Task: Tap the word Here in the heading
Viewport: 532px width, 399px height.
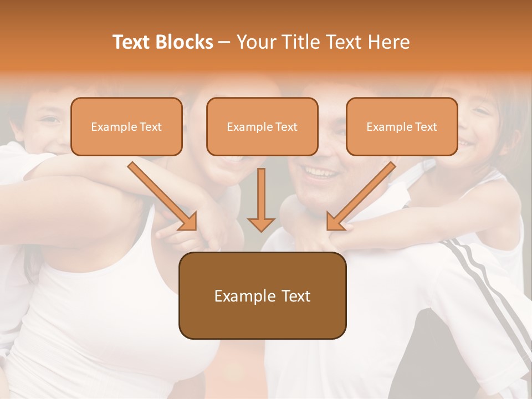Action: pyautogui.click(x=387, y=42)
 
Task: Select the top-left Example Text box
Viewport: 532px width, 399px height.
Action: pyautogui.click(x=126, y=127)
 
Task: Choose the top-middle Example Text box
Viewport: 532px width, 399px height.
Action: pyautogui.click(x=262, y=127)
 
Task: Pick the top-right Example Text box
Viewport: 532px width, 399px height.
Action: pyautogui.click(x=402, y=127)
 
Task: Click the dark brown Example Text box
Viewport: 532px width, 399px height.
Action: pyautogui.click(x=262, y=296)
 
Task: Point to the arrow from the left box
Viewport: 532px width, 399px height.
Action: pyautogui.click(x=162, y=196)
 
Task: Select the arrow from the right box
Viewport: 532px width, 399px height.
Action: pyautogui.click(x=362, y=196)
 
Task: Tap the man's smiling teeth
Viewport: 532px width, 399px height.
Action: pyautogui.click(x=321, y=173)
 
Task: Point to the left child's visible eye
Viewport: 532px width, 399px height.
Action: pyautogui.click(x=51, y=119)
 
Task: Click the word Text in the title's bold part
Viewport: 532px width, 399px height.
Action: pyautogui.click(x=132, y=42)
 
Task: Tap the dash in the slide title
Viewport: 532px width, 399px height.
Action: pyautogui.click(x=224, y=42)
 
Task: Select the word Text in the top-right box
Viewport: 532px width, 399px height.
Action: pyautogui.click(x=426, y=127)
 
